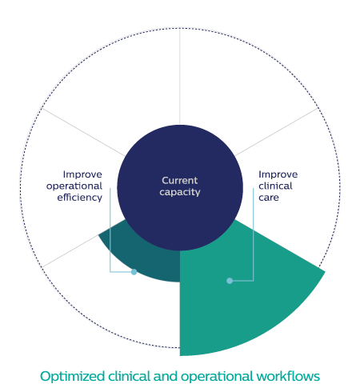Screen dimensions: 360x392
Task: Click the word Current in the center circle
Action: click(180, 181)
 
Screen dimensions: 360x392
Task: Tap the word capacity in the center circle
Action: click(180, 192)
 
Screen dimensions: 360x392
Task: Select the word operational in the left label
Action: click(74, 186)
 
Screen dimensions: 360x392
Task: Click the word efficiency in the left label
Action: click(80, 198)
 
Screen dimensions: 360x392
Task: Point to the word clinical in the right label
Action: click(275, 186)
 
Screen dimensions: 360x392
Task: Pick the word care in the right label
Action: click(269, 198)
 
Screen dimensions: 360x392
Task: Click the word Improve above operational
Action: click(82, 174)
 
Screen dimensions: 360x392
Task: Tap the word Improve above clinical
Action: click(278, 174)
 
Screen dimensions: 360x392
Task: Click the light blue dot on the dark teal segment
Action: click(134, 272)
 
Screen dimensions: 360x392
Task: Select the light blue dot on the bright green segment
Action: click(230, 281)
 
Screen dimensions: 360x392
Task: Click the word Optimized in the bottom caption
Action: click(72, 377)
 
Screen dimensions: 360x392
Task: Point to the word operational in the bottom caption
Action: click(217, 377)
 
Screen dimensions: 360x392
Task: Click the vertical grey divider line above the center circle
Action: click(180, 77)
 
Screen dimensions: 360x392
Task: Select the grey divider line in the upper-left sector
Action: click(83, 132)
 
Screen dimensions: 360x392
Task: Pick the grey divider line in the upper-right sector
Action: click(277, 132)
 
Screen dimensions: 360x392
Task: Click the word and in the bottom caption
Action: click(166, 376)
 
